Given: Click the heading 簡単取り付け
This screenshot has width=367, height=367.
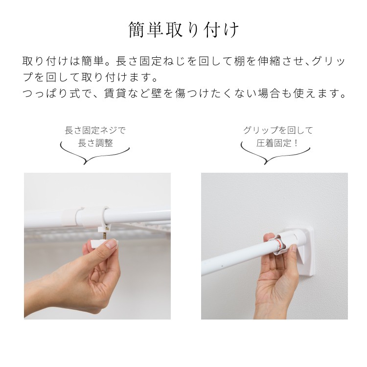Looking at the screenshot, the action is click(184, 30).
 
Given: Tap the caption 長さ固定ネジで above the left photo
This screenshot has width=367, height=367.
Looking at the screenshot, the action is click(95, 130).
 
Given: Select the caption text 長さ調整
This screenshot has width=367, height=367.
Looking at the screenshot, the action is click(95, 143).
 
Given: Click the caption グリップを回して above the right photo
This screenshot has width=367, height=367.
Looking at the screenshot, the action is click(278, 130).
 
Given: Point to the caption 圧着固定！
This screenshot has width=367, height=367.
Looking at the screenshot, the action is click(277, 143).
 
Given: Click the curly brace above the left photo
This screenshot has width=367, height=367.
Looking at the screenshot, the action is click(95, 156).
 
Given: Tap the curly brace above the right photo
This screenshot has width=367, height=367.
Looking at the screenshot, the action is click(275, 156).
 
